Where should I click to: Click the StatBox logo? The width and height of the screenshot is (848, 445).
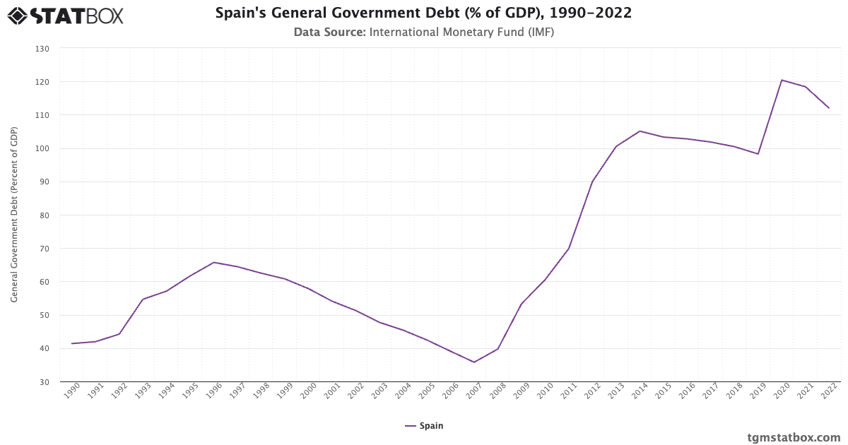pyautogui.click(x=66, y=15)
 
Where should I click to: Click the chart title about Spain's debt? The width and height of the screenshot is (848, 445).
pyautogui.click(x=423, y=13)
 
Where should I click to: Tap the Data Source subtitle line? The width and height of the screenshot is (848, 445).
pyautogui.click(x=423, y=32)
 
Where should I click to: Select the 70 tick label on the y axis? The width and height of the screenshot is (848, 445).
pyautogui.click(x=44, y=249)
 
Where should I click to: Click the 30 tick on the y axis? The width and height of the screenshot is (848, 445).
pyautogui.click(x=44, y=382)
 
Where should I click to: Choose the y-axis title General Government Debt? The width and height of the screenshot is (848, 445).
pyautogui.click(x=14, y=215)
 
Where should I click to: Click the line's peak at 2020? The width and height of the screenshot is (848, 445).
pyautogui.click(x=782, y=80)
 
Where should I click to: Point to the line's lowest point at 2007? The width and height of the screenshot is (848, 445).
pyautogui.click(x=473, y=362)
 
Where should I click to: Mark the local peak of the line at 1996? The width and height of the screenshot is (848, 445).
pyautogui.click(x=213, y=262)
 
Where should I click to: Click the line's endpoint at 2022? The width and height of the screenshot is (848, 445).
pyautogui.click(x=829, y=108)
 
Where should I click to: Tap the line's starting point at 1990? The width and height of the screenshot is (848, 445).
pyautogui.click(x=72, y=343)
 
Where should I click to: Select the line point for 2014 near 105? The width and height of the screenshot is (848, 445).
pyautogui.click(x=640, y=131)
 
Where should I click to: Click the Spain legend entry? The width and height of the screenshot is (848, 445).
pyautogui.click(x=424, y=426)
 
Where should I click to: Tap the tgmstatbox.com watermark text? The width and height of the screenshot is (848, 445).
pyautogui.click(x=794, y=437)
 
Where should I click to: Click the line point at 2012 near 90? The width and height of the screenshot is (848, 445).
pyautogui.click(x=592, y=182)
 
